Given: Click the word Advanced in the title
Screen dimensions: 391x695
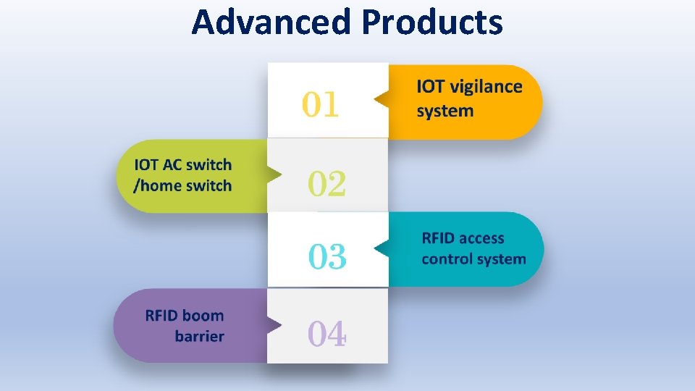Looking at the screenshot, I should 271,22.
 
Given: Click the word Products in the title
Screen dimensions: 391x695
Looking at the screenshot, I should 431,22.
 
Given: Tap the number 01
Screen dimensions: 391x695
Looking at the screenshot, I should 321,105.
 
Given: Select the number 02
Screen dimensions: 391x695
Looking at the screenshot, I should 327,184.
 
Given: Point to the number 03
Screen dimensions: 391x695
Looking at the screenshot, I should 327,257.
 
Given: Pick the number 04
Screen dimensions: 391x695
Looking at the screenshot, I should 327,334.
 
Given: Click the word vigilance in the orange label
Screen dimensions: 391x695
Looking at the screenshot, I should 486,88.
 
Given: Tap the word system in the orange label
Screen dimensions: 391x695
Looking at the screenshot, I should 445,112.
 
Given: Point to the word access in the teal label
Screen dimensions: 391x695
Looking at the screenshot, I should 481,238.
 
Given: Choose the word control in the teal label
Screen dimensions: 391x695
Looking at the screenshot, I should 447,258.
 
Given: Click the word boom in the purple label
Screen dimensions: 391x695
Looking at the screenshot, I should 203,316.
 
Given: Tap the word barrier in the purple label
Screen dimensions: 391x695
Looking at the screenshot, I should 199,336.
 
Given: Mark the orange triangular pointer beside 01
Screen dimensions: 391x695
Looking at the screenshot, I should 381,101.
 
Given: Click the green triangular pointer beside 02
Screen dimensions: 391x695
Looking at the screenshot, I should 274,175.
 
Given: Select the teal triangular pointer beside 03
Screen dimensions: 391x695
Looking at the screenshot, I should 381,249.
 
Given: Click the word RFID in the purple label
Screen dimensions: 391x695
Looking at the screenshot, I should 162,316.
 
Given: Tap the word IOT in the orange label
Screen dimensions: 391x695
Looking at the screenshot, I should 431,87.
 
